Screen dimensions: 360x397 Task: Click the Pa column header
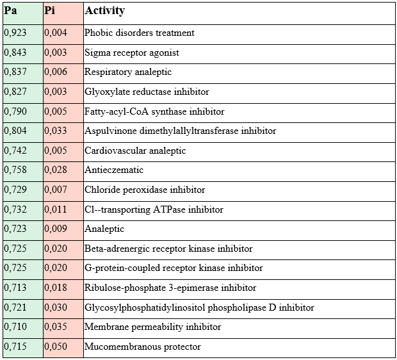pyautogui.click(x=10, y=11)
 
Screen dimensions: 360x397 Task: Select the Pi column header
pyautogui.click(x=50, y=11)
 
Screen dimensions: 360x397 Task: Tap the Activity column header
pyautogui.click(x=105, y=11)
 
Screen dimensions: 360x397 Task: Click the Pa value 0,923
pyautogui.click(x=15, y=33)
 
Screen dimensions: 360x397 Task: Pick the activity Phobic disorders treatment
pyautogui.click(x=140, y=33)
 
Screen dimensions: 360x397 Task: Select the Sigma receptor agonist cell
pyautogui.click(x=132, y=53)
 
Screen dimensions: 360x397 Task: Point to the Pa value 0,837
pyautogui.click(x=15, y=72)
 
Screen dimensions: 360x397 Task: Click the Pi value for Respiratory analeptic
pyautogui.click(x=56, y=72)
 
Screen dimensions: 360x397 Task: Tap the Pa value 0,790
pyautogui.click(x=15, y=111)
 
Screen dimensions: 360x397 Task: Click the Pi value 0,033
pyautogui.click(x=56, y=131)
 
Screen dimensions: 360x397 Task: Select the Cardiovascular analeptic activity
pyautogui.click(x=135, y=151)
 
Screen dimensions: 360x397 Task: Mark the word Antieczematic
pyautogui.click(x=114, y=170)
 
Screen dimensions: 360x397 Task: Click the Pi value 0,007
pyautogui.click(x=56, y=190)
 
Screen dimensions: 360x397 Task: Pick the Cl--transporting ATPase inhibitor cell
pyautogui.click(x=154, y=209)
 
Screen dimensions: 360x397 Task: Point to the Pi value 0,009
pyautogui.click(x=56, y=229)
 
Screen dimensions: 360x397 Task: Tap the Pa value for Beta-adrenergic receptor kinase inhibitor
pyautogui.click(x=15, y=249)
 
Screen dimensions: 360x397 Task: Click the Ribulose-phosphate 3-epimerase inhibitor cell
pyautogui.click(x=170, y=288)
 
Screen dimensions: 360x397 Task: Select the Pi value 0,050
pyautogui.click(x=56, y=347)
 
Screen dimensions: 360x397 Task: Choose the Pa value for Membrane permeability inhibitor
pyautogui.click(x=15, y=327)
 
